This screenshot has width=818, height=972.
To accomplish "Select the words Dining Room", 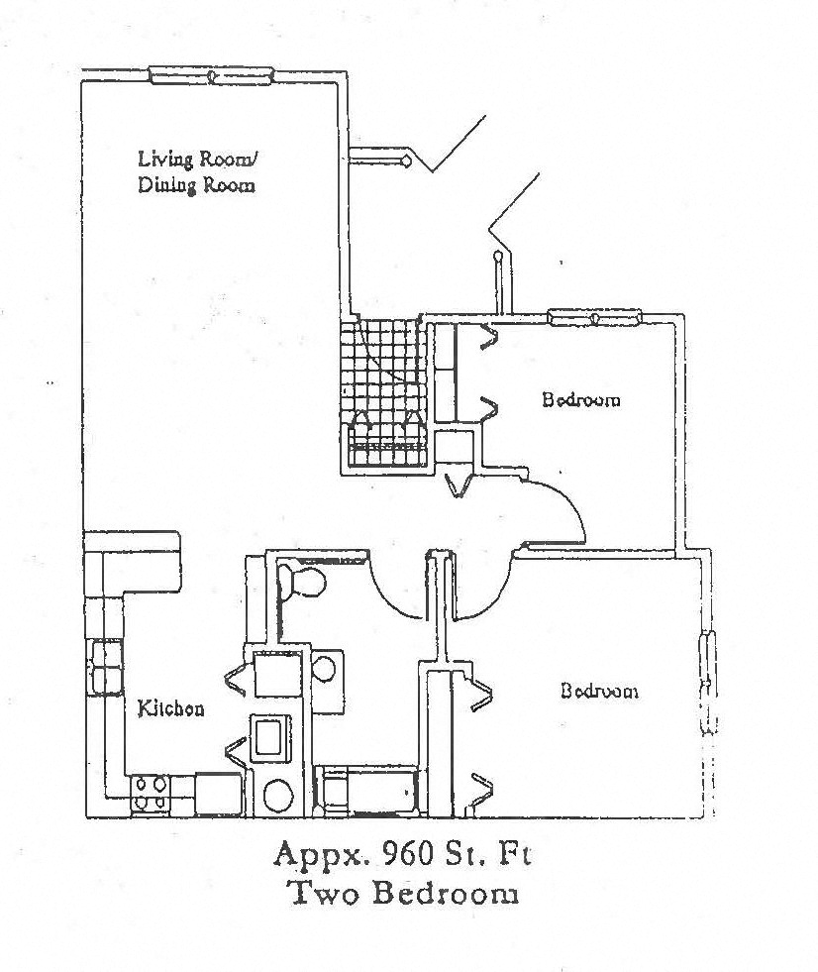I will pos(196,185).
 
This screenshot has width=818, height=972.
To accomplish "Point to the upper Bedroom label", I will pos(581,400).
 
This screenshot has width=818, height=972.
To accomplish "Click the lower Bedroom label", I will pos(599,691).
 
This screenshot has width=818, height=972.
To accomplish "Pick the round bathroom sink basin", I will pos(324,667).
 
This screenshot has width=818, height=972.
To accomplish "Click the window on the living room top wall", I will pos(210,75).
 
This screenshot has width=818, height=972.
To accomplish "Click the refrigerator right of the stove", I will pos(218,794).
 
